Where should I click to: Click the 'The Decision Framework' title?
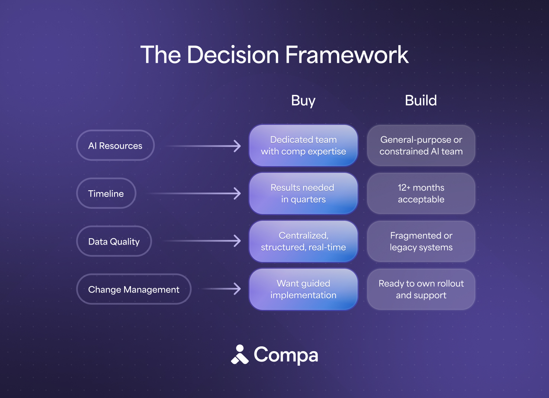(x=274, y=55)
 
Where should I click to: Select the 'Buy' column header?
(x=303, y=101)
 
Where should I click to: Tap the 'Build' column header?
(x=421, y=101)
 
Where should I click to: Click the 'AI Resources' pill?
(x=115, y=146)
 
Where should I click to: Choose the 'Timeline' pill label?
(x=106, y=194)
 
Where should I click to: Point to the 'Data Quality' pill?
(x=114, y=242)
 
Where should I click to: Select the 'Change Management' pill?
(x=134, y=289)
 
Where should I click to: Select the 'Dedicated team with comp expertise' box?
(x=303, y=146)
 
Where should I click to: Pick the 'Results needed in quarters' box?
(x=303, y=194)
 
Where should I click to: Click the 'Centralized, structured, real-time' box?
(x=303, y=242)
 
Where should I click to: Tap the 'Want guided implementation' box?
(x=303, y=289)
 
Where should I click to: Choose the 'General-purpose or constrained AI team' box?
(x=421, y=146)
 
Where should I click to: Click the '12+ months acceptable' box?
(x=421, y=194)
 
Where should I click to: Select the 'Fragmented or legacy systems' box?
(x=421, y=242)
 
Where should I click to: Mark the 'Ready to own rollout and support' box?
(x=421, y=289)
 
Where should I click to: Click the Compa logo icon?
(x=240, y=355)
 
